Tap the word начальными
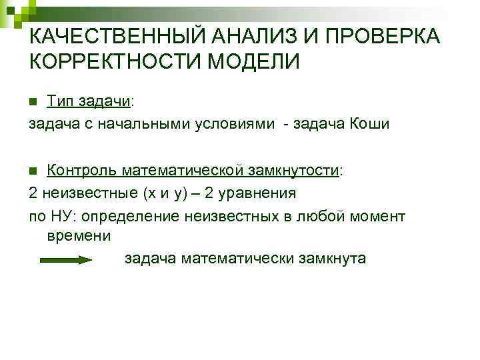click(x=147, y=124)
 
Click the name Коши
click(x=367, y=124)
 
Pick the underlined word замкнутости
click(x=294, y=170)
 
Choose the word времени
click(x=79, y=237)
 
